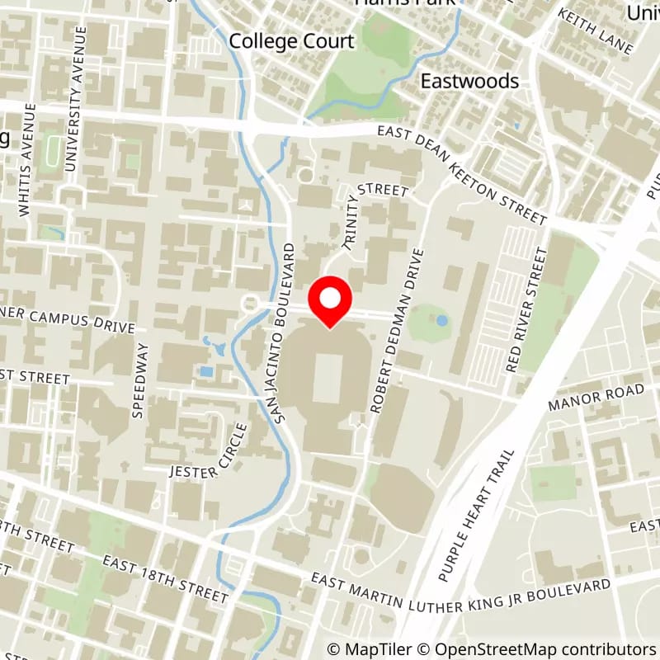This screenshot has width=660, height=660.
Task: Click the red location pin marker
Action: point(330,302)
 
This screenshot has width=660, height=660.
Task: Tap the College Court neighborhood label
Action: point(291,40)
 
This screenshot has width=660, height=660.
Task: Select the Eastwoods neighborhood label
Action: point(469,80)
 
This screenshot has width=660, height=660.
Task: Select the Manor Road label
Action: point(598,397)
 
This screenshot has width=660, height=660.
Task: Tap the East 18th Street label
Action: point(165,577)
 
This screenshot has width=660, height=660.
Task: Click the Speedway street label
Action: point(139,380)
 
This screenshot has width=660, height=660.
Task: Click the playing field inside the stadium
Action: point(328,378)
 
